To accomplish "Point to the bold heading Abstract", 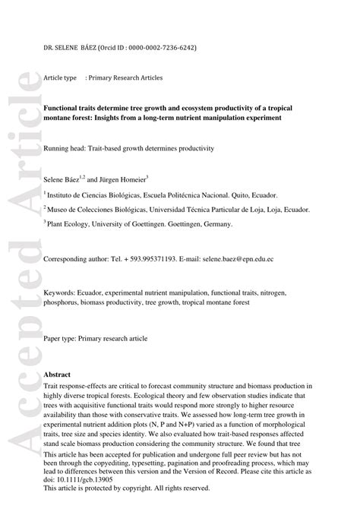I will tap(58, 375).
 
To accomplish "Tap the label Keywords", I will tap(60, 292).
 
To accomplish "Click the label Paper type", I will tap(62, 337).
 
